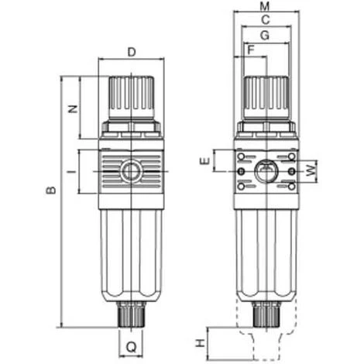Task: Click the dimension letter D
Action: pos(132,52)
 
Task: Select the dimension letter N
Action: pos(73,108)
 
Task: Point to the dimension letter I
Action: pos(73,171)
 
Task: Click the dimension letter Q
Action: pos(131,347)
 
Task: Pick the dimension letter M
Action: pos(265,6)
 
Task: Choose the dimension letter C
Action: pos(266,20)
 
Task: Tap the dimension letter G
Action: pos(265,36)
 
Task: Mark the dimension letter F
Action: pos(251,50)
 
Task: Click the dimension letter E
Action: pos(205,161)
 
